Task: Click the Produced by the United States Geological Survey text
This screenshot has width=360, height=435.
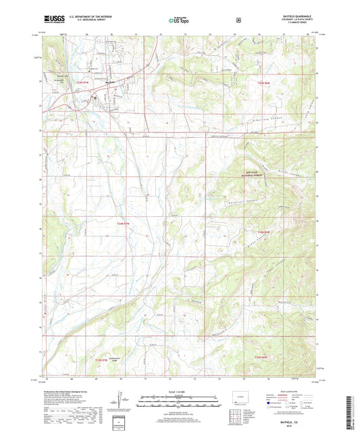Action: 68,392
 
